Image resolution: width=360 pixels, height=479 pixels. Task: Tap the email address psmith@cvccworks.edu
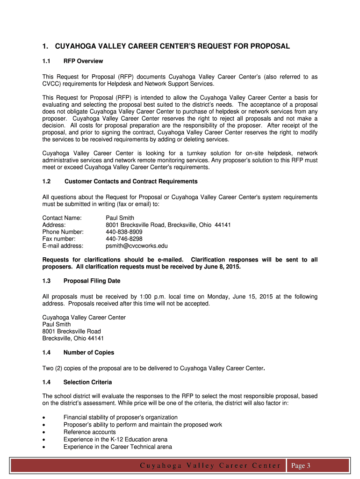(137, 246)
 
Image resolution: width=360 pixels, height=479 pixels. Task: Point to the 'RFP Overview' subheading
(83, 61)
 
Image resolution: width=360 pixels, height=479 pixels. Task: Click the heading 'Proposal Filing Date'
(92, 281)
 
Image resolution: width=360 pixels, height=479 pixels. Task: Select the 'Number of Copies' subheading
(88, 352)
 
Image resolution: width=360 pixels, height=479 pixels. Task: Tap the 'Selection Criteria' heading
(87, 382)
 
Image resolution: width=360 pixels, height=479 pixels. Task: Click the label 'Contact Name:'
(62, 218)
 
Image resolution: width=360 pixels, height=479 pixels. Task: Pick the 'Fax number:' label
(59, 239)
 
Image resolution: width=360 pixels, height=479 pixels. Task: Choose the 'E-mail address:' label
(63, 246)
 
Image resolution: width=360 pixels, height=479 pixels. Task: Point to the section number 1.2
(46, 181)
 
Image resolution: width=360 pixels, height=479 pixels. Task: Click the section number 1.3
(46, 281)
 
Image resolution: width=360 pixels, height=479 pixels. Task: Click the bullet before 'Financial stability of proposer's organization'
(44, 417)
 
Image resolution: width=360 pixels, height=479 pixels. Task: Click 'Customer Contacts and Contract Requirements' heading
(131, 181)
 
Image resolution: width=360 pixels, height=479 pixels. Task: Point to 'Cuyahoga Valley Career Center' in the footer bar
(210, 465)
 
